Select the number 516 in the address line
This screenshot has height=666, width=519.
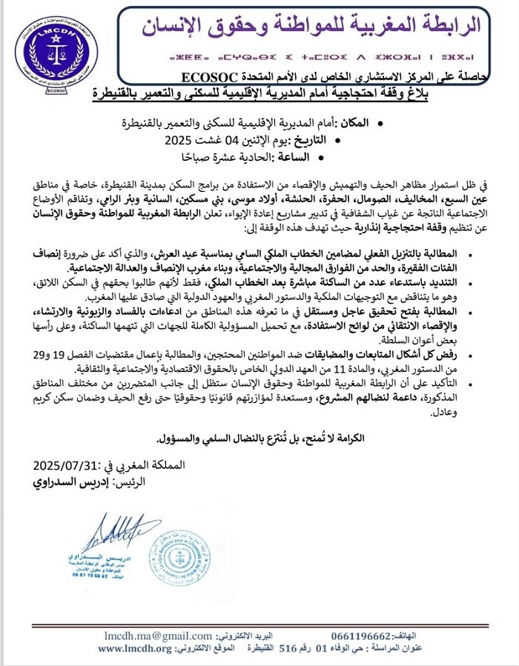click(287, 648)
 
